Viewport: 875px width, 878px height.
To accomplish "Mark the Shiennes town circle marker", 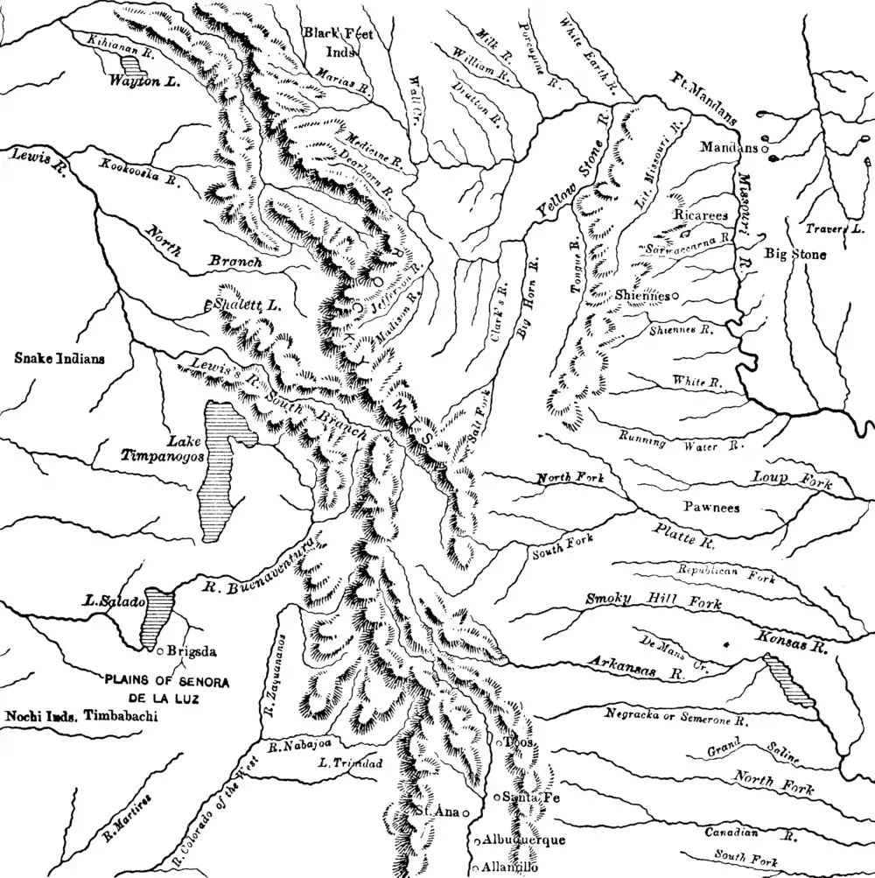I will [675, 296].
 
